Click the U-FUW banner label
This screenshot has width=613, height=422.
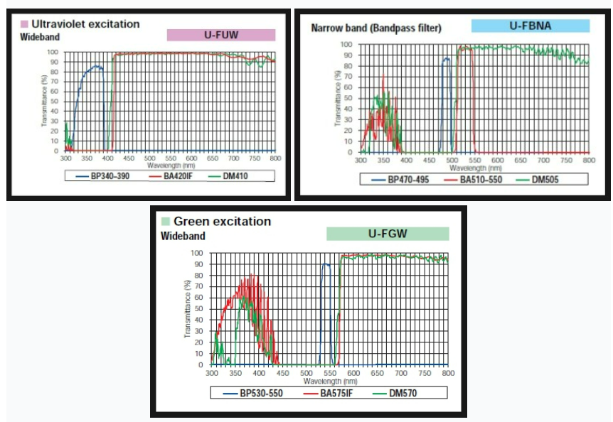(220, 35)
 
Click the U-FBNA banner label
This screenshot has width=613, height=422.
(531, 26)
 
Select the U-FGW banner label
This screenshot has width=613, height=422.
(388, 233)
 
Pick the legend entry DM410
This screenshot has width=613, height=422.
(234, 174)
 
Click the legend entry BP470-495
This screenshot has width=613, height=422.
(406, 180)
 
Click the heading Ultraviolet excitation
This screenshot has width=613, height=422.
(85, 23)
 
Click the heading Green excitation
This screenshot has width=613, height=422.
(222, 222)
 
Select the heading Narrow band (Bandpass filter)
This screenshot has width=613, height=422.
(376, 28)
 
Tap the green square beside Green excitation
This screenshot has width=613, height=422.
(166, 222)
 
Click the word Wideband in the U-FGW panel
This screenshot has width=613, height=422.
(183, 236)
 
